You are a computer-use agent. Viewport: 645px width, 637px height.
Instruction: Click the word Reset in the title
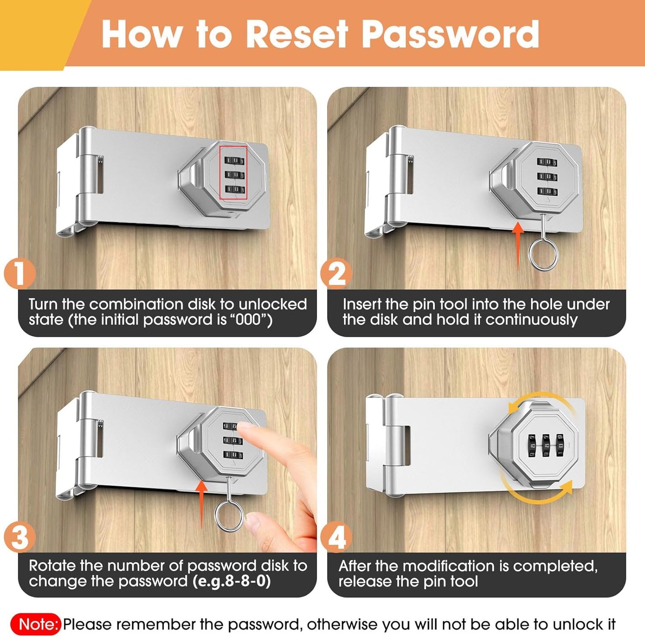coord(296,34)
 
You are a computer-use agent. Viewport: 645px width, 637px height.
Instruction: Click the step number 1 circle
coord(19,274)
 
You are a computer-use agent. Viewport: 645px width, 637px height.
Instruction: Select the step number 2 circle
coord(336,274)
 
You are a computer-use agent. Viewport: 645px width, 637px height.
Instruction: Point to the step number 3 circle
coord(19,537)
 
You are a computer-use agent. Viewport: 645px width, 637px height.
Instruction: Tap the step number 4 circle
coord(336,537)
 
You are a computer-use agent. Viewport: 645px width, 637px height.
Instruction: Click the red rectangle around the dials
coord(233,173)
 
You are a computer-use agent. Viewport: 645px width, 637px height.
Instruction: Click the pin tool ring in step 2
coord(543,255)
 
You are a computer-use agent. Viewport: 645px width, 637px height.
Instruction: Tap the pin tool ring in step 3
coord(229,515)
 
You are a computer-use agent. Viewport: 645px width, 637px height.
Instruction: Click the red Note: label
coord(39,624)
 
